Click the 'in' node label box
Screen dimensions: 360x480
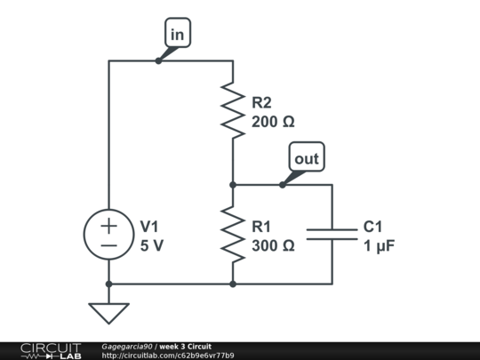[178, 34]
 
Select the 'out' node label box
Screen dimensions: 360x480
[307, 158]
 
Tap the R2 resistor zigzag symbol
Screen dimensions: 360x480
[233, 111]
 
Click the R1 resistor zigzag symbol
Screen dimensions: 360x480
[233, 235]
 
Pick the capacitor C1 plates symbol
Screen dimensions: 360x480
[332, 234]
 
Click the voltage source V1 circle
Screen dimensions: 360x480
[108, 235]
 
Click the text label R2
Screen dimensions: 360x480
[262, 103]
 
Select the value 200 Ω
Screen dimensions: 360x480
[272, 123]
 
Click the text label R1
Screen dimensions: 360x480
[262, 227]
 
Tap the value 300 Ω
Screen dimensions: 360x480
[272, 246]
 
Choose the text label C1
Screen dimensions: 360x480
[373, 227]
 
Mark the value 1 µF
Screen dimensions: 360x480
[380, 246]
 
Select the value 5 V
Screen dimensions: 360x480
[151, 246]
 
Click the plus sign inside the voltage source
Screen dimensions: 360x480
[108, 226]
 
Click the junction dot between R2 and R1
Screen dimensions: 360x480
[233, 185]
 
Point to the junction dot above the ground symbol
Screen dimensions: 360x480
[108, 284]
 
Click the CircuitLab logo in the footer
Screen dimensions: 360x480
[50, 350]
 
